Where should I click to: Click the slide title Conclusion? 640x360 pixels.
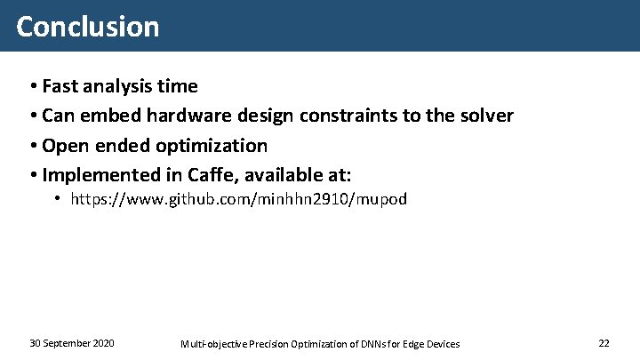[87, 26]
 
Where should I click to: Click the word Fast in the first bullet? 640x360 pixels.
[60, 86]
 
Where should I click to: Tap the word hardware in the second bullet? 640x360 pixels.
[187, 116]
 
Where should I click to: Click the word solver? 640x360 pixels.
[485, 116]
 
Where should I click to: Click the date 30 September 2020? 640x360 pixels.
[71, 343]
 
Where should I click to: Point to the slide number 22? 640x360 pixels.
[604, 343]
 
